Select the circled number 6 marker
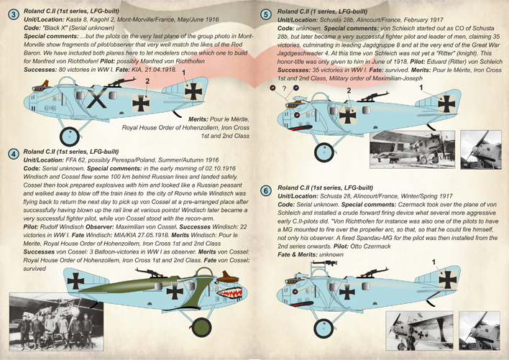tap(266, 190)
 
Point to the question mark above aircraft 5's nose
tap(285, 90)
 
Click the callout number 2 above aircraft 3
tap(148, 82)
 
